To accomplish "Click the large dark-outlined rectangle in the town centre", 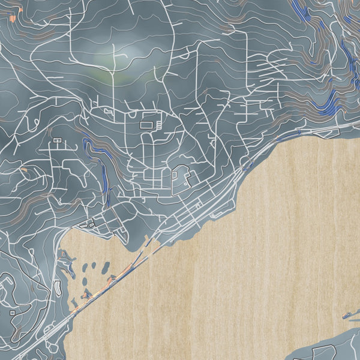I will (x=146, y=125).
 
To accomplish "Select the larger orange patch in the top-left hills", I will (x=13, y=18).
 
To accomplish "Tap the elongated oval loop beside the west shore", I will (x=58, y=287).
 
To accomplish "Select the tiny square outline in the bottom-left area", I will (x=13, y=312).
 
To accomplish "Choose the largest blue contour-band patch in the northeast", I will (x=328, y=108).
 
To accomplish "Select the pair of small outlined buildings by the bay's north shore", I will (x=90, y=224).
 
